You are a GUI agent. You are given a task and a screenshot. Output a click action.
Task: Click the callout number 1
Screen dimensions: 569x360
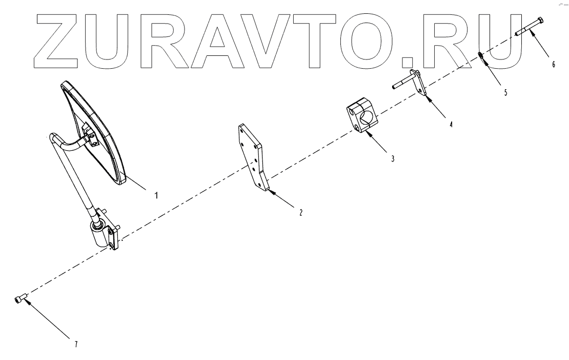156,195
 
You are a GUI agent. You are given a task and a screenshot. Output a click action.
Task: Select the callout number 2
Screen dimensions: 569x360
300,212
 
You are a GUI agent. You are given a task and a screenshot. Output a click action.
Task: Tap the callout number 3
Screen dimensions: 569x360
392,159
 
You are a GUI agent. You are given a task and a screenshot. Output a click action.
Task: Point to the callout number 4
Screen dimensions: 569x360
451,124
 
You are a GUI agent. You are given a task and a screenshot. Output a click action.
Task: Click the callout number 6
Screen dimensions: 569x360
553,65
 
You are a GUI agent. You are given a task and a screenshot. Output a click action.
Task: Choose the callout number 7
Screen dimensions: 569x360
76,344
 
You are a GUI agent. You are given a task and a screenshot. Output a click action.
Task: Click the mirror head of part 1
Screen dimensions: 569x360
95,133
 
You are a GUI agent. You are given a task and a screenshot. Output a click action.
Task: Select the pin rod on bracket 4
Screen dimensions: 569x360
405,83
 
